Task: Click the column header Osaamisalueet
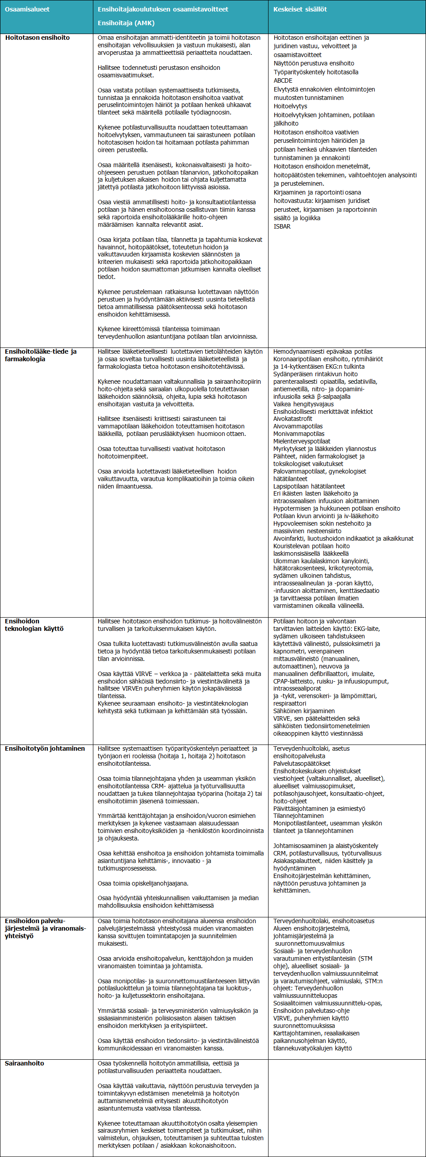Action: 27,9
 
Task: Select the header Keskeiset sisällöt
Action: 300,9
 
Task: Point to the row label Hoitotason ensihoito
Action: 37,38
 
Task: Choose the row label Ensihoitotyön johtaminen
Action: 45,748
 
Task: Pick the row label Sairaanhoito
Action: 24,1063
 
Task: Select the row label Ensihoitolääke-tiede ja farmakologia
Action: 40,355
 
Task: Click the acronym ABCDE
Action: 283,80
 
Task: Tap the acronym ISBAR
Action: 282,226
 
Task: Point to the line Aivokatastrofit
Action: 292,419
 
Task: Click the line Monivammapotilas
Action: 299,434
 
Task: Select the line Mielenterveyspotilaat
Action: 302,441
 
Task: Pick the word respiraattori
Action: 289,703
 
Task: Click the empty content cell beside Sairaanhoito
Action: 346,1105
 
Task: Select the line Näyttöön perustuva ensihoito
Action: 314,63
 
